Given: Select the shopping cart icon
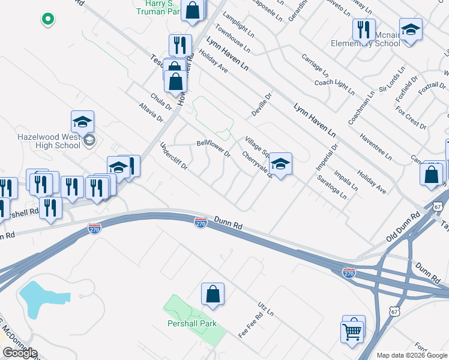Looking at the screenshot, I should (x=351, y=331).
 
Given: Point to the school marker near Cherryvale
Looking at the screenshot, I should (x=280, y=164).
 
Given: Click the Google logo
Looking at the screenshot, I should (x=20, y=353).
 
